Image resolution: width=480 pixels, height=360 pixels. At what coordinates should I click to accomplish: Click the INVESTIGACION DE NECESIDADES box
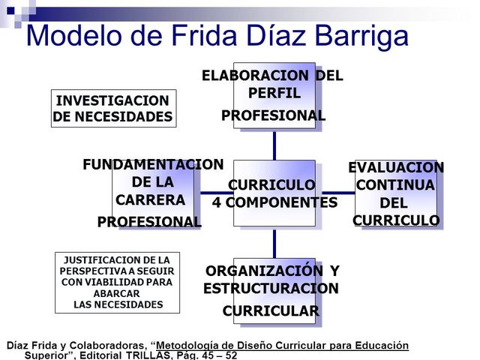112,109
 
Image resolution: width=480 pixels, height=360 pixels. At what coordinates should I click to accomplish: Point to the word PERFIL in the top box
274,94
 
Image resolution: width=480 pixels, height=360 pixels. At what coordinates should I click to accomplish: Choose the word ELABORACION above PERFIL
256,76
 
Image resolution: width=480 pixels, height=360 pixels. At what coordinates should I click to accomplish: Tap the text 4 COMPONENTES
274,202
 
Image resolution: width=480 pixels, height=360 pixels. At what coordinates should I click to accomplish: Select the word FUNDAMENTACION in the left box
153,164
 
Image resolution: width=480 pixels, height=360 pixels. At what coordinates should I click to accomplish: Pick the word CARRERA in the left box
150,200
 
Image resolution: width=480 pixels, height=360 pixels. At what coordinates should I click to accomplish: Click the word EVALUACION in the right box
395,167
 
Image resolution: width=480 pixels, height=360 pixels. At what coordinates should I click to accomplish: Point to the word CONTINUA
395,185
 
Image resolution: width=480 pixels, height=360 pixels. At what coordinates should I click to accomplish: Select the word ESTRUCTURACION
271,289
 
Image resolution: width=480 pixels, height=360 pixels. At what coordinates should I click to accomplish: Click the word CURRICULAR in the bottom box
271,311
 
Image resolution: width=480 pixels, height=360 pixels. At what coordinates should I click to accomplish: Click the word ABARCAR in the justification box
116,293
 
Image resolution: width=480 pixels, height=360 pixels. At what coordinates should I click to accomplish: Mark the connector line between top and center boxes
274,144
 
